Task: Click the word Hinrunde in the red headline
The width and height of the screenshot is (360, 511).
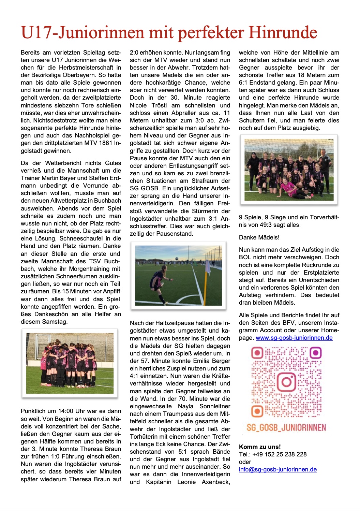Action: tap(283, 33)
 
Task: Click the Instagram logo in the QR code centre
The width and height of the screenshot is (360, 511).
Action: tap(286, 382)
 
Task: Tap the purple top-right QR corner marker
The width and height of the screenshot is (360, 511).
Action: tap(315, 352)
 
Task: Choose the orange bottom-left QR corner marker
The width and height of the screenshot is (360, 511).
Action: tap(258, 411)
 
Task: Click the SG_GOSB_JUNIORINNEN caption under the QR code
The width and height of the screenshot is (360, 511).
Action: tap(286, 428)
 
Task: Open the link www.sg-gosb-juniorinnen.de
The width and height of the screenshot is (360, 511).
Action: tap(294, 338)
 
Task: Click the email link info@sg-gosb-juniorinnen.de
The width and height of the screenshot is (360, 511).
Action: tap(277, 469)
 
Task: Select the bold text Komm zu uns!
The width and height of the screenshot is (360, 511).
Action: tap(260, 447)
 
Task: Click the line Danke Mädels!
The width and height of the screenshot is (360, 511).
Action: tap(259, 237)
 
